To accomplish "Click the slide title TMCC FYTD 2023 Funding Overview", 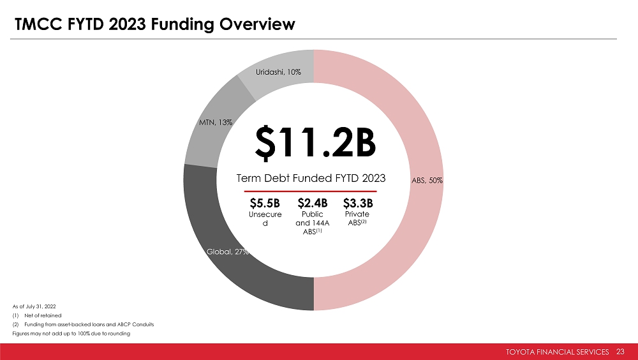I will pyautogui.click(x=155, y=25).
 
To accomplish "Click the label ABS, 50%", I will pyautogui.click(x=427, y=181).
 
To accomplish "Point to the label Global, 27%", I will pyautogui.click(x=227, y=251).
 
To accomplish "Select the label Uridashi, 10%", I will pyautogui.click(x=278, y=71).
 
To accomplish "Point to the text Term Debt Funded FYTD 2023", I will pyautogui.click(x=311, y=177).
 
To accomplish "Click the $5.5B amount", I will pyautogui.click(x=265, y=204).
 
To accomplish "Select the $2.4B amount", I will pyautogui.click(x=312, y=204).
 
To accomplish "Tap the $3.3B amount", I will pyautogui.click(x=358, y=204).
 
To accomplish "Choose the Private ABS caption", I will pyautogui.click(x=357, y=219).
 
